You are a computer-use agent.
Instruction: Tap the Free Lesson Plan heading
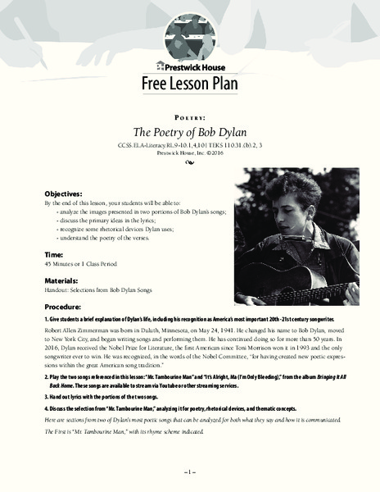[x=189, y=87]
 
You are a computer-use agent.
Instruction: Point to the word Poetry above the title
[x=189, y=117]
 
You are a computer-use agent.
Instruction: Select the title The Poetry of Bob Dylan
[x=189, y=133]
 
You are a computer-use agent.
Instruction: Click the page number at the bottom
[x=189, y=474]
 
